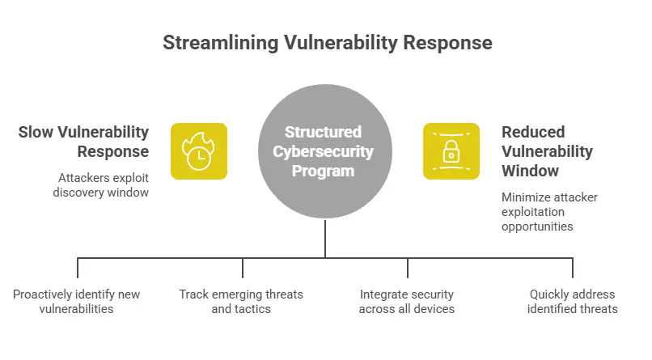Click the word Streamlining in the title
(x=220, y=43)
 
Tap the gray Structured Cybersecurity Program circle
(x=324, y=151)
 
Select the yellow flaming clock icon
(x=199, y=151)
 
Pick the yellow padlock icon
(x=451, y=151)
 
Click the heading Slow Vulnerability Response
(x=83, y=142)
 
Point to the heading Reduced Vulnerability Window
(x=547, y=151)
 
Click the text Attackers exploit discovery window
(x=100, y=185)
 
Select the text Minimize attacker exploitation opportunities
(x=549, y=212)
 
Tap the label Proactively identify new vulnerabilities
(x=77, y=302)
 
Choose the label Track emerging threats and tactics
(x=241, y=302)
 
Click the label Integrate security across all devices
(x=407, y=302)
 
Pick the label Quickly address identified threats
(x=572, y=302)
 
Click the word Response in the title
(x=447, y=43)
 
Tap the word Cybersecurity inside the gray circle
(x=323, y=151)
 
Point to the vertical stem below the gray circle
(x=324, y=239)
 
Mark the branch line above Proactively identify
(x=78, y=268)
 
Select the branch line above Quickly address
(x=573, y=268)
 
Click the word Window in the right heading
(x=530, y=171)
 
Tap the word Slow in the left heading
(x=36, y=132)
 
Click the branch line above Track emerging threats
(x=243, y=268)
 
